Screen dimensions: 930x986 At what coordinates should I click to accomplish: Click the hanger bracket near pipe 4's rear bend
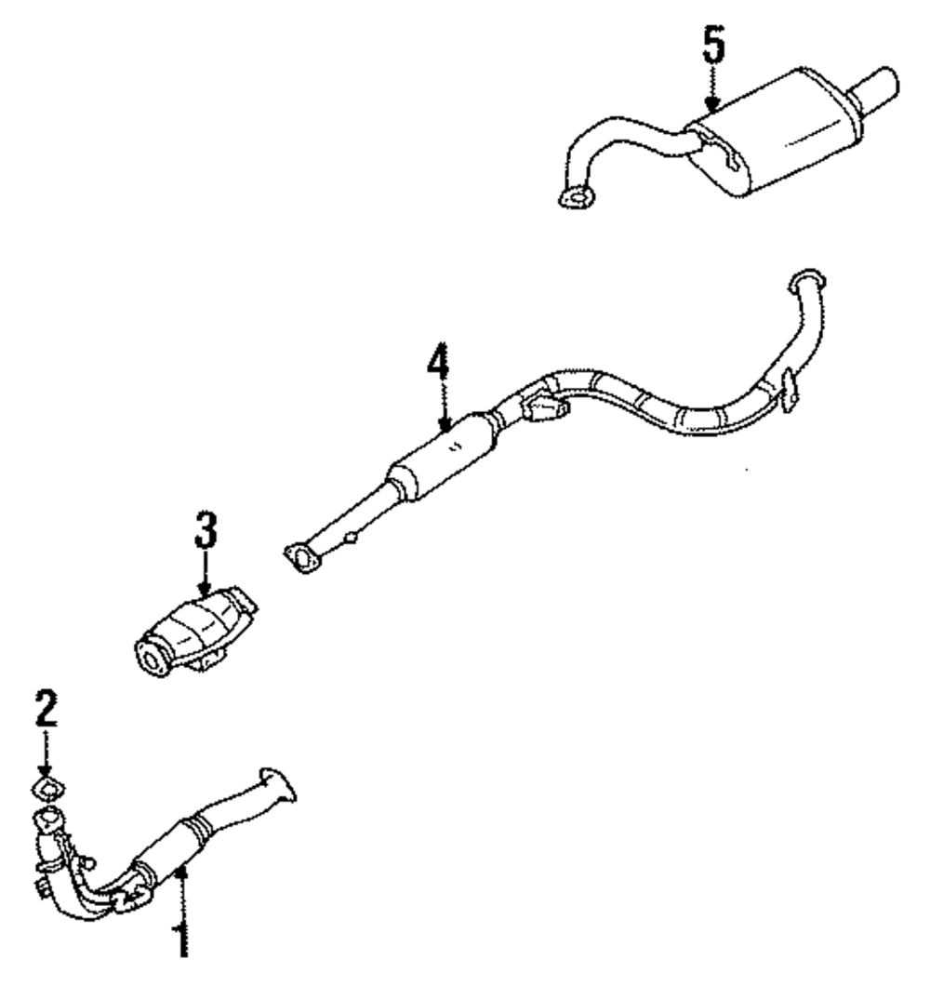click(789, 389)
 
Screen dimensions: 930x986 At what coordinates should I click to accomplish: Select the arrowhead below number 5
click(712, 106)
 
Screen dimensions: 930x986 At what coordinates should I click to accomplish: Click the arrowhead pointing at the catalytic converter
click(206, 585)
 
